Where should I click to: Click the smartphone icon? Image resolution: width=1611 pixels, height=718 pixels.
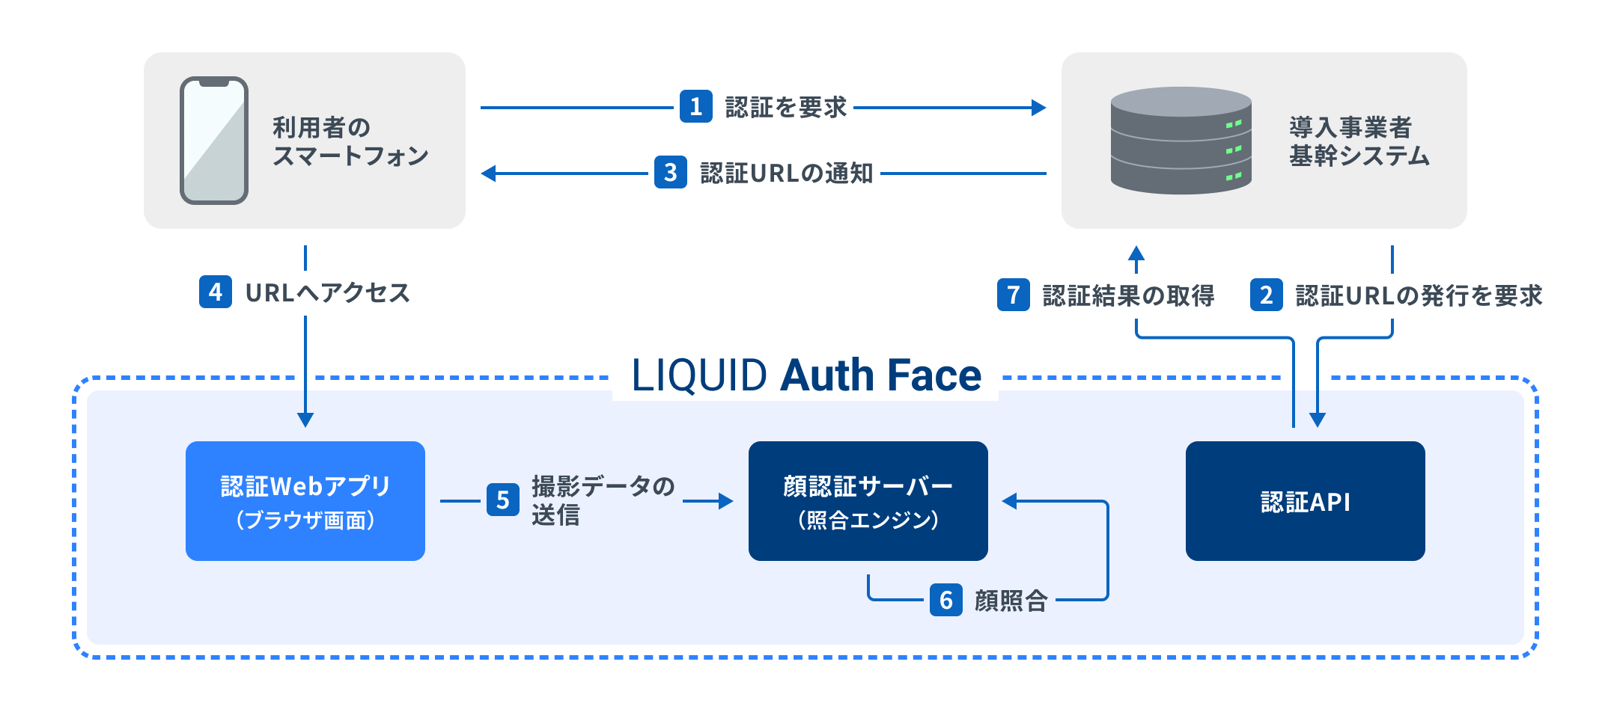pyautogui.click(x=214, y=141)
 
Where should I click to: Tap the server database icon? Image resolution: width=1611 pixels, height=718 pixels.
pyautogui.click(x=1181, y=141)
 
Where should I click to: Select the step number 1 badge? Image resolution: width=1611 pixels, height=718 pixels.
pyautogui.click(x=695, y=107)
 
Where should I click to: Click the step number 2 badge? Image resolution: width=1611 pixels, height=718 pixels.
pyautogui.click(x=1266, y=295)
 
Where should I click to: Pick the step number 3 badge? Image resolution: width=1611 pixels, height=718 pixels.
pyautogui.click(x=670, y=173)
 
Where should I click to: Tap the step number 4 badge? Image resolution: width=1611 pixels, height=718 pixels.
pyautogui.click(x=216, y=292)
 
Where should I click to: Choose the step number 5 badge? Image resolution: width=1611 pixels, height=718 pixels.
pyautogui.click(x=502, y=500)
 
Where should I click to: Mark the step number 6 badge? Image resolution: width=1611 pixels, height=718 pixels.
pyautogui.click(x=945, y=600)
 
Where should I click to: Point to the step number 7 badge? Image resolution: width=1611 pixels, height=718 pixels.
pyautogui.click(x=1013, y=295)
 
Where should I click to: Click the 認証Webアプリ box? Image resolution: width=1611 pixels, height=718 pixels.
pyautogui.click(x=305, y=501)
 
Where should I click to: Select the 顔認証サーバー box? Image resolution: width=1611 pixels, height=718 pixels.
pyautogui.click(x=868, y=501)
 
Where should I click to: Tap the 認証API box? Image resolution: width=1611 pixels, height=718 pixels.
pyautogui.click(x=1305, y=501)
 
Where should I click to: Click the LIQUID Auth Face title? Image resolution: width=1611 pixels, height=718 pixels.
pyautogui.click(x=805, y=375)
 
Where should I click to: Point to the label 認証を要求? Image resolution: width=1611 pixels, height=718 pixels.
pyautogui.click(x=786, y=107)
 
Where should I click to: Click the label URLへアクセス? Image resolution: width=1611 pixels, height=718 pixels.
pyautogui.click(x=328, y=292)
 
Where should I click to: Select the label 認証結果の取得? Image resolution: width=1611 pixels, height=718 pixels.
pyautogui.click(x=1128, y=295)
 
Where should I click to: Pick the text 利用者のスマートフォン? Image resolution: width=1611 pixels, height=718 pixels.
pyautogui.click(x=349, y=141)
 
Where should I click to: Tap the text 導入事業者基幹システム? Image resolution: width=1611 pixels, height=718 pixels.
pyautogui.click(x=1359, y=141)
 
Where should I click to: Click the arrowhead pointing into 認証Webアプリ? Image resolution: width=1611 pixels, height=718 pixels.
pyautogui.click(x=305, y=420)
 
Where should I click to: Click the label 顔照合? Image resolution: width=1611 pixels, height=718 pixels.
pyautogui.click(x=1011, y=601)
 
